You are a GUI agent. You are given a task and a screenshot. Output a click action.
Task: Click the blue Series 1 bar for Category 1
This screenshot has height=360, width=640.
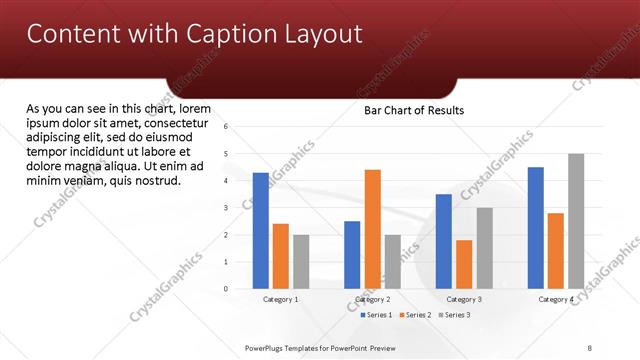[x=261, y=230]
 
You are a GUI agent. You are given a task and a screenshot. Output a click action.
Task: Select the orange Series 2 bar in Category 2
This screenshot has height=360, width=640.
[x=372, y=229]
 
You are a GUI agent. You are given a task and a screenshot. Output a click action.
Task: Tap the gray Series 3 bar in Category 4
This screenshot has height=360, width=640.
[x=576, y=221]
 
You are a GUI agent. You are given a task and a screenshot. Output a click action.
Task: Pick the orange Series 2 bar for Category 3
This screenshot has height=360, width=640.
[x=464, y=264]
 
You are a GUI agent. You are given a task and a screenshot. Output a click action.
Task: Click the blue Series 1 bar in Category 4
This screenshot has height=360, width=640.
[x=536, y=227]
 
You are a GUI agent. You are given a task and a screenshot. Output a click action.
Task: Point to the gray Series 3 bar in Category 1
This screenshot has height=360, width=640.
[x=301, y=261]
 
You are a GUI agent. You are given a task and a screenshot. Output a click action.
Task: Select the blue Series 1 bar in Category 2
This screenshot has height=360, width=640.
[x=352, y=254]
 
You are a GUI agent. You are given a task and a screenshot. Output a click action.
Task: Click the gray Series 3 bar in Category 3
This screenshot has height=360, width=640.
[x=484, y=247]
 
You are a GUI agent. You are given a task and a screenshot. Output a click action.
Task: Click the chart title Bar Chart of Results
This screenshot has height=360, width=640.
[x=413, y=110]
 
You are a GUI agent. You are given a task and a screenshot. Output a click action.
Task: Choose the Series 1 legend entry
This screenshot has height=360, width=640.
[x=375, y=315]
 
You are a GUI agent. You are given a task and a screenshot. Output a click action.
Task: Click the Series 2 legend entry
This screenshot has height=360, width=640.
[x=414, y=315]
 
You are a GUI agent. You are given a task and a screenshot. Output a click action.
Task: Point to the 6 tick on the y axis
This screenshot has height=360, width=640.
[x=227, y=127]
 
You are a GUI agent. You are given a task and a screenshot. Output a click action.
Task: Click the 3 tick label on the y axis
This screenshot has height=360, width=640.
[x=227, y=208]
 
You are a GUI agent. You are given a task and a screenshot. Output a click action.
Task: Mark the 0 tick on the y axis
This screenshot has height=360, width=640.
[x=227, y=289]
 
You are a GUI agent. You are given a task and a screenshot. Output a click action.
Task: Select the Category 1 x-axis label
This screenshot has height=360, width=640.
[x=281, y=299]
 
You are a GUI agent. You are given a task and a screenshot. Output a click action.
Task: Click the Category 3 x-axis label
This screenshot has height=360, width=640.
[x=464, y=299]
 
